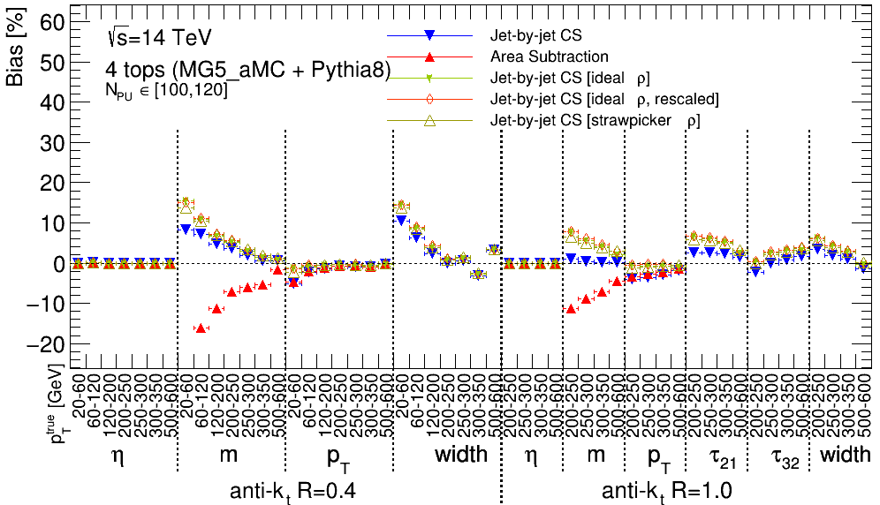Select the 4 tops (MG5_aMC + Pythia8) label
248,71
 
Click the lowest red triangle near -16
201,328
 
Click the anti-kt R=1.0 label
667,490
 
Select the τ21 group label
717,456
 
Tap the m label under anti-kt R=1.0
597,456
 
